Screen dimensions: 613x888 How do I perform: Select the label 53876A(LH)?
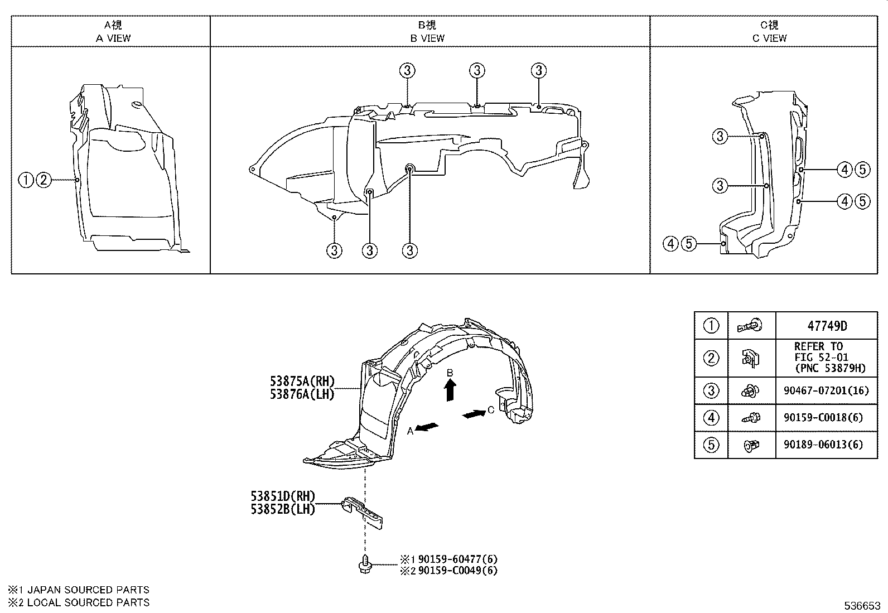point(302,394)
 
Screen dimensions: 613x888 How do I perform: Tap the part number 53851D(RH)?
point(283,496)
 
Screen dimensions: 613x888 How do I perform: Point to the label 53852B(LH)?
point(283,509)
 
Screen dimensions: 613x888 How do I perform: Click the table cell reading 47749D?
point(826,325)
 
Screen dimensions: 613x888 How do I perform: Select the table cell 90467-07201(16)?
point(826,390)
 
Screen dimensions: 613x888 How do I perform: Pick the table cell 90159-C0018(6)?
point(826,417)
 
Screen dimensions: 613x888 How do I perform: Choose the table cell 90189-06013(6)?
point(826,445)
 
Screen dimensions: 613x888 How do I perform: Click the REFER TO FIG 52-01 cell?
point(826,357)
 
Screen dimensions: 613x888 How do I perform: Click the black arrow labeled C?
point(474,414)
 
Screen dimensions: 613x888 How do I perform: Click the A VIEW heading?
point(113,38)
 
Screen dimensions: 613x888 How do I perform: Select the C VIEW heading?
point(769,38)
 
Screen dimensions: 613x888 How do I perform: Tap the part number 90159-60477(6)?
point(457,559)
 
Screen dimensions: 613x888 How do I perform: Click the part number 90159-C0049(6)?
point(457,570)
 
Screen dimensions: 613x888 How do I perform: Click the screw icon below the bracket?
point(365,564)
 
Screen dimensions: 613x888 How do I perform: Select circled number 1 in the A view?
point(26,180)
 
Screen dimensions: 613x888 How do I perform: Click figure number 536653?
point(861,606)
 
